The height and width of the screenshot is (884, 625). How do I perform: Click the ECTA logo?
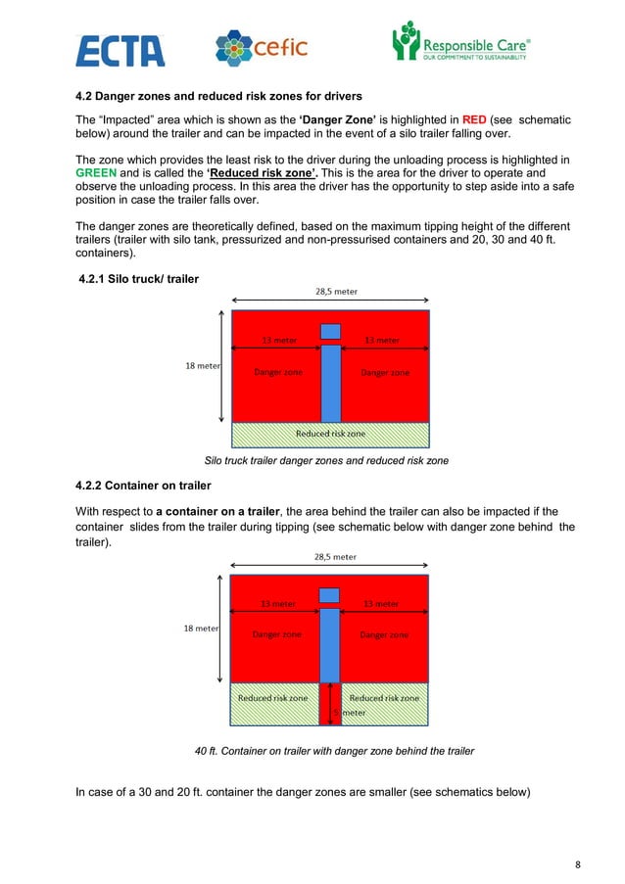tap(120, 48)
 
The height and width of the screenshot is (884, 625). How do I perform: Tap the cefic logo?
tap(261, 47)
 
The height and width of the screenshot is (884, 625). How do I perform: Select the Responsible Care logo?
tap(460, 44)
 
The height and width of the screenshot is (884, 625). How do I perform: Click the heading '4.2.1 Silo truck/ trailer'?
tap(138, 280)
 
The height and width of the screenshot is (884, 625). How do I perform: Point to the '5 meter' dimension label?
tap(347, 713)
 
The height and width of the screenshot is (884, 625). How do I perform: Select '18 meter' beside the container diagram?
tap(202, 628)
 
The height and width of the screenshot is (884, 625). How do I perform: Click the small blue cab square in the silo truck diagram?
tap(330, 331)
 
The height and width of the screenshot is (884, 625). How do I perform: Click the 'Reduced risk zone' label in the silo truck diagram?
tap(330, 433)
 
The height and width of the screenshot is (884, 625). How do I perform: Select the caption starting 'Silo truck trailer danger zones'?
tap(325, 461)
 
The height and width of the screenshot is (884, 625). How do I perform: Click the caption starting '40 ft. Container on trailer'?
tap(334, 751)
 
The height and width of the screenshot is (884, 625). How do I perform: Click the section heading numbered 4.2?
tap(218, 96)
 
